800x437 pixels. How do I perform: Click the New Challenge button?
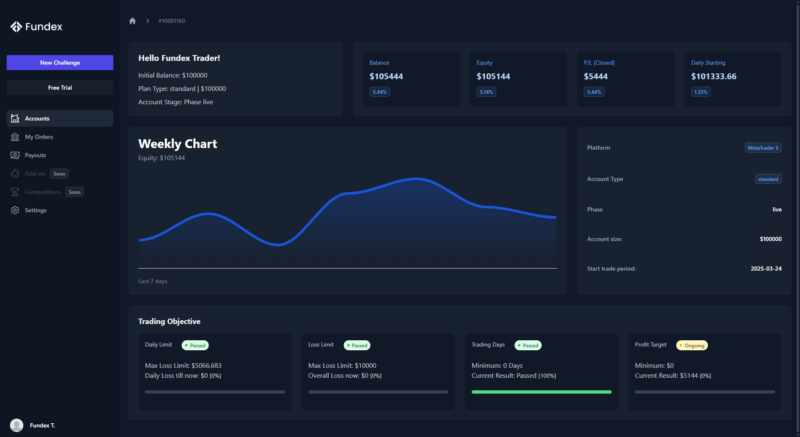(60, 63)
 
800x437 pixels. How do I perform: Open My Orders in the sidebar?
(39, 137)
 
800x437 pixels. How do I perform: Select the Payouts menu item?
(35, 155)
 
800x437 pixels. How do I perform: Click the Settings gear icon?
(15, 210)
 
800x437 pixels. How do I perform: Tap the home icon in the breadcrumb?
(132, 21)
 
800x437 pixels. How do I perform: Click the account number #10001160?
(172, 21)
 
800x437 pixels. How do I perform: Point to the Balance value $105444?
(386, 76)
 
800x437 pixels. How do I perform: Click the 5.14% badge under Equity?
(486, 92)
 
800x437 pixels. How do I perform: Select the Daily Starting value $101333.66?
(714, 76)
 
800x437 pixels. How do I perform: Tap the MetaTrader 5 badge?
(763, 148)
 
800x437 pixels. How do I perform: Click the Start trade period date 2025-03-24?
(766, 269)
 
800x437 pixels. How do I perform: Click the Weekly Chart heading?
(177, 144)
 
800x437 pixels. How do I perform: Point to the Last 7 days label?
(153, 281)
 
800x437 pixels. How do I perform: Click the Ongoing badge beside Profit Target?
(692, 345)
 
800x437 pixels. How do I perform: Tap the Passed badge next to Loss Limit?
(357, 345)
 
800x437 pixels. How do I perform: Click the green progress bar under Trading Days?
(541, 392)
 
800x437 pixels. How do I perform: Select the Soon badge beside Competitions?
(75, 192)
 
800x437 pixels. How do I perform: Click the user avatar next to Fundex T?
(17, 425)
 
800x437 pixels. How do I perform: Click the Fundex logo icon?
(16, 27)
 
